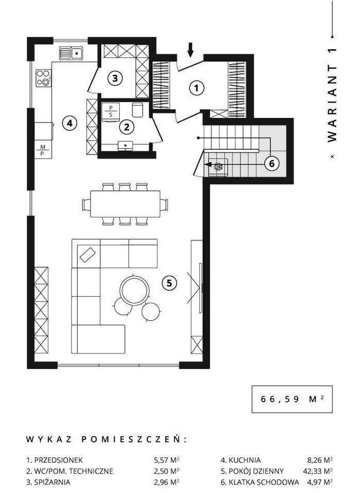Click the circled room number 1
(x=196, y=88)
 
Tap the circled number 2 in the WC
(x=126, y=127)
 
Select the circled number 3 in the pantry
(x=115, y=78)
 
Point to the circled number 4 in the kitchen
(x=69, y=123)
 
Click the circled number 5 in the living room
(x=169, y=283)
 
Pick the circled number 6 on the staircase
(x=271, y=163)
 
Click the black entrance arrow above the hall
(x=190, y=50)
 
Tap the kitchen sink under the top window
(x=71, y=53)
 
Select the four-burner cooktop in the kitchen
(x=43, y=78)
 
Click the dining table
(x=125, y=204)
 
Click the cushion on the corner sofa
(x=88, y=254)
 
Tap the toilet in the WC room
(x=137, y=110)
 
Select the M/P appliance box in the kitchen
(x=43, y=150)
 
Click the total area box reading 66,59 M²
(x=292, y=399)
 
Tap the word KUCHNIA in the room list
(x=245, y=460)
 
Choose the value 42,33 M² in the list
(x=316, y=471)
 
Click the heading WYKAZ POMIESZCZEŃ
(x=106, y=439)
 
